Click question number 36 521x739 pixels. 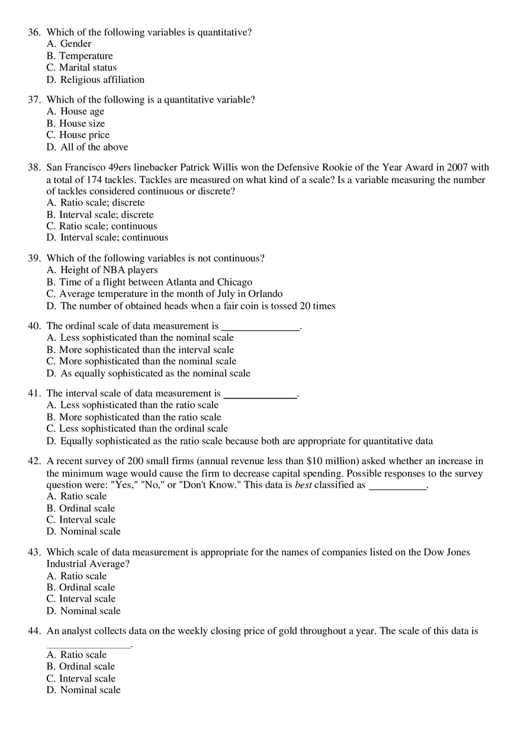[x=34, y=33]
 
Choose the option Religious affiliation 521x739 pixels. [x=102, y=79]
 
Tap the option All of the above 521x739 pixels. [x=94, y=147]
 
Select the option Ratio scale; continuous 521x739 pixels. [x=108, y=226]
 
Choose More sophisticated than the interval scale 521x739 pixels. [x=146, y=350]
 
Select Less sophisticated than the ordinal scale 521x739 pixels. [x=143, y=428]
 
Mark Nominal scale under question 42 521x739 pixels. [x=90, y=532]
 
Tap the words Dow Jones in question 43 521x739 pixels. [x=446, y=552]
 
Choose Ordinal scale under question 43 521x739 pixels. [x=87, y=587]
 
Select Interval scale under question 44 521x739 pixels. [x=87, y=679]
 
